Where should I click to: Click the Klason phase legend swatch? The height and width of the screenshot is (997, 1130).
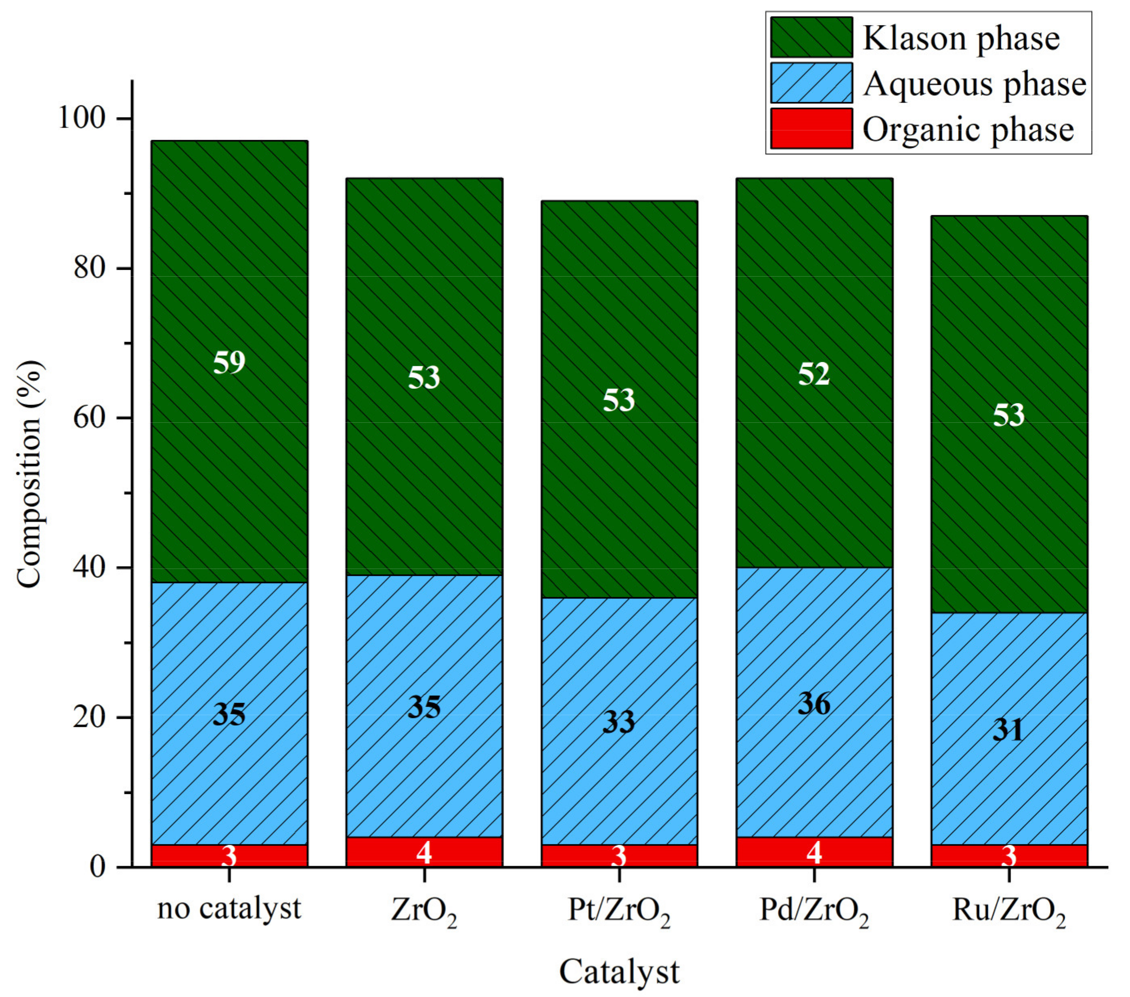pyautogui.click(x=811, y=37)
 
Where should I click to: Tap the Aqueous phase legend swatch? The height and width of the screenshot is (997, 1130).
pyautogui.click(x=811, y=83)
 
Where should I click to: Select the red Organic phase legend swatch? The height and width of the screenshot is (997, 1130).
pyautogui.click(x=811, y=128)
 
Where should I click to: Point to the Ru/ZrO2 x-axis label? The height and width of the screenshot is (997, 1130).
pyautogui.click(x=1008, y=910)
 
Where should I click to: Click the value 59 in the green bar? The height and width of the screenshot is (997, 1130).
pyautogui.click(x=229, y=363)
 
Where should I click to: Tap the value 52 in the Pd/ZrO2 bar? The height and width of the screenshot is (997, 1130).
pyautogui.click(x=814, y=374)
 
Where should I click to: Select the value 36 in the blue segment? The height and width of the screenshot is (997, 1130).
pyautogui.click(x=814, y=704)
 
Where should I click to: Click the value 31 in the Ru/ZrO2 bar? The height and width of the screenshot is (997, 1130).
pyautogui.click(x=1008, y=730)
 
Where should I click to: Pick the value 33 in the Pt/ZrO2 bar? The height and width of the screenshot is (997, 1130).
pyautogui.click(x=618, y=722)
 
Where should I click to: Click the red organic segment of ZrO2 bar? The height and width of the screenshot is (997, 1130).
pyautogui.click(x=424, y=852)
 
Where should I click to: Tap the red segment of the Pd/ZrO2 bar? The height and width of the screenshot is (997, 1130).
pyautogui.click(x=814, y=852)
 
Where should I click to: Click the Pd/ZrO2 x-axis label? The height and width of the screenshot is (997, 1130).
pyautogui.click(x=814, y=910)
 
